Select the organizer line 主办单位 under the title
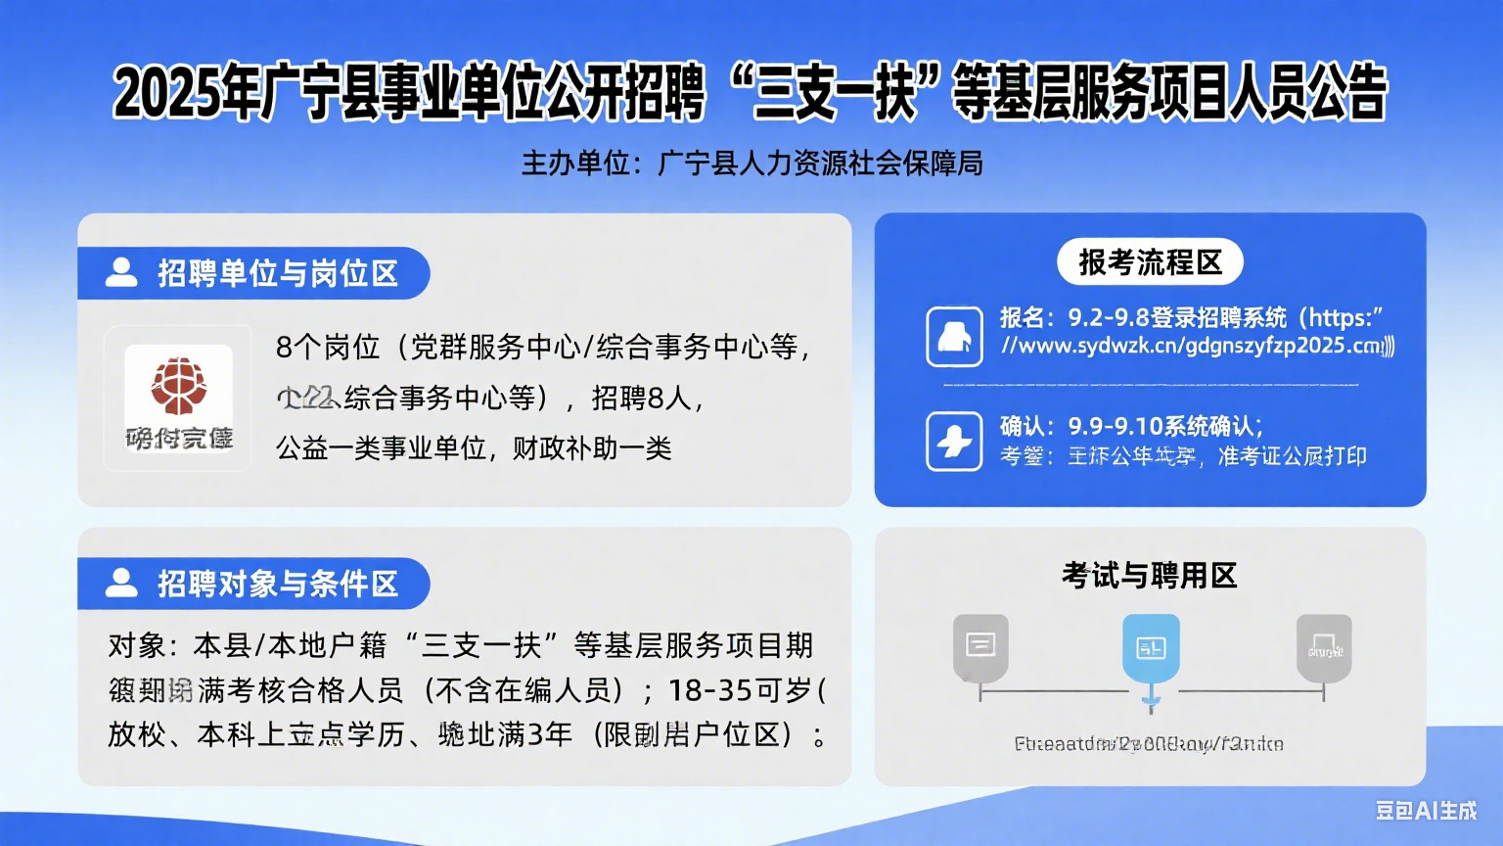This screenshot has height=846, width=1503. pyautogui.click(x=751, y=164)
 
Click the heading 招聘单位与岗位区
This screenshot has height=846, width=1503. pyautogui.click(x=278, y=273)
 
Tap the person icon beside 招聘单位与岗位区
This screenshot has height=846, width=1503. pyautogui.click(x=121, y=273)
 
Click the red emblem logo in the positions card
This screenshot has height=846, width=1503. pyautogui.click(x=178, y=386)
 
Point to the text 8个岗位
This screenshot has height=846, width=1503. pyautogui.click(x=328, y=347)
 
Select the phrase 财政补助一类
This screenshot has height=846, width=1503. pyautogui.click(x=592, y=448)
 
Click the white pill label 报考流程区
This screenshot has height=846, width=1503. pyautogui.click(x=1150, y=262)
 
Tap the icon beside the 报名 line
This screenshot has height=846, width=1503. pyautogui.click(x=954, y=337)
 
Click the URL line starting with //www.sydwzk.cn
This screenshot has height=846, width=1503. pyautogui.click(x=1197, y=346)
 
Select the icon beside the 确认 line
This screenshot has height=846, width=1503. pyautogui.click(x=954, y=442)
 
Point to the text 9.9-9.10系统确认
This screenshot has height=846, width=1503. pyautogui.click(x=1164, y=426)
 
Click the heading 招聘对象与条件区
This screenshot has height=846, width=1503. pyautogui.click(x=278, y=584)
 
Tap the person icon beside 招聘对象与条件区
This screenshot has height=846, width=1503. pyautogui.click(x=121, y=584)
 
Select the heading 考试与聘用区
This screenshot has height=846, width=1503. pyautogui.click(x=1150, y=575)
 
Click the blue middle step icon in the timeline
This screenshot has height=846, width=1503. pyautogui.click(x=1151, y=648)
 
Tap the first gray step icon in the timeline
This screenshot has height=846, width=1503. pyautogui.click(x=980, y=646)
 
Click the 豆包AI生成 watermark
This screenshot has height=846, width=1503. pyautogui.click(x=1426, y=810)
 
